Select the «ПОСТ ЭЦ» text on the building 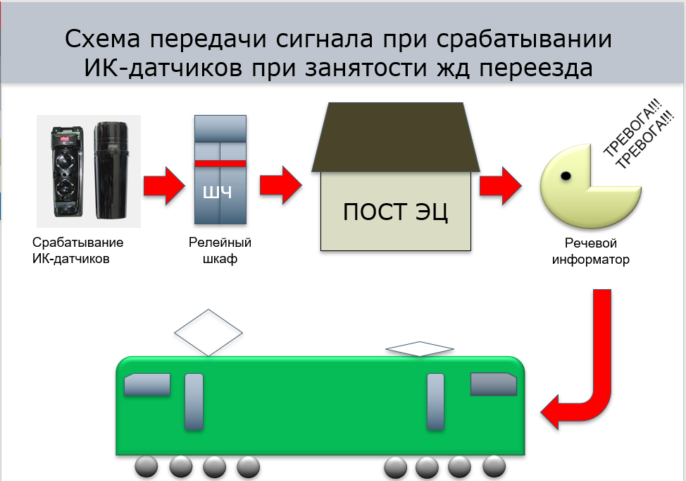click(x=396, y=211)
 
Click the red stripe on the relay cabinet click(x=220, y=163)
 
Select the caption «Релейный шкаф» click(x=220, y=250)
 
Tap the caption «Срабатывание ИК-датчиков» click(x=77, y=250)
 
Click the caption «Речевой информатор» click(x=590, y=252)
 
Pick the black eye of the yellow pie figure click(x=565, y=175)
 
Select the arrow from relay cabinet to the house click(x=280, y=185)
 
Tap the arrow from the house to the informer click(x=500, y=185)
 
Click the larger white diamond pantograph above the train click(x=208, y=331)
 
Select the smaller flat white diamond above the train click(x=419, y=348)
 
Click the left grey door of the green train click(x=194, y=402)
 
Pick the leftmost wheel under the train click(x=147, y=467)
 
